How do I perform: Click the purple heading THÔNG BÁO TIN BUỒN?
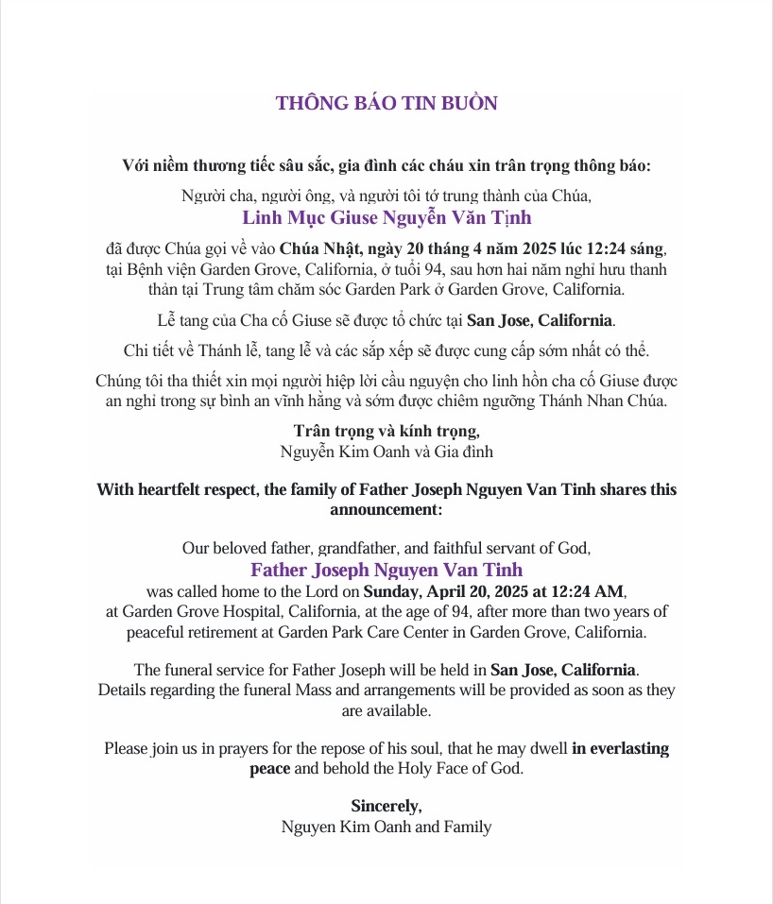tap(386, 103)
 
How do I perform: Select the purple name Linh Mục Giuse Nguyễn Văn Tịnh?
tap(386, 218)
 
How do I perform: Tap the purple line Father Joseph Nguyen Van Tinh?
tap(386, 570)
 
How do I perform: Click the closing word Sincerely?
tap(386, 806)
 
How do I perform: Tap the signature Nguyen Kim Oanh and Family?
tap(386, 827)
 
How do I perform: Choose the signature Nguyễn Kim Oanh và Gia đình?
tap(386, 451)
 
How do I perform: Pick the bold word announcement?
tap(386, 509)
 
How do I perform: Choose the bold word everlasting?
tap(620, 747)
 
